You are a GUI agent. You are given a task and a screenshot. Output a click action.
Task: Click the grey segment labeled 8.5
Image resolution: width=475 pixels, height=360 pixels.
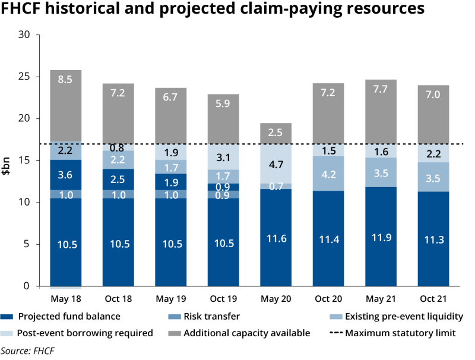click(65, 105)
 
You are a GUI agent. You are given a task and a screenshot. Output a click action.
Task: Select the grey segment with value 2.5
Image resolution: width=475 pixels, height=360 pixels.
click(275, 133)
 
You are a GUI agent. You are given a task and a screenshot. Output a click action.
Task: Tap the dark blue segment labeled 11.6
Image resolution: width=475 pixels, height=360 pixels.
click(275, 238)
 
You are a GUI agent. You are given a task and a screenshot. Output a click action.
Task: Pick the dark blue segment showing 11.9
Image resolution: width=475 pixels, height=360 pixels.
click(380, 236)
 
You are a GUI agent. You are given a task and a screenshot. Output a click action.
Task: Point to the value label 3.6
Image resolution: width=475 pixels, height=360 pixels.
click(65, 175)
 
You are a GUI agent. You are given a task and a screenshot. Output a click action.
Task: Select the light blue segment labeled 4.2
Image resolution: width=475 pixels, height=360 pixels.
click(328, 174)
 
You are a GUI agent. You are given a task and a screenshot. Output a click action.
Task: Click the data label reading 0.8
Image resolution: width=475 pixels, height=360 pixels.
click(118, 148)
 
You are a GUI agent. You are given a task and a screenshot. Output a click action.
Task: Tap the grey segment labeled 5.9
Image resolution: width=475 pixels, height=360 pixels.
click(222, 119)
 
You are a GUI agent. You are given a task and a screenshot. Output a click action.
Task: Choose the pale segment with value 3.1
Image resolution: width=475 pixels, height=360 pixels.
click(222, 157)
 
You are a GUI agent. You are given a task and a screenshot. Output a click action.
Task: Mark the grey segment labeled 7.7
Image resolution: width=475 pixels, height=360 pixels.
click(380, 111)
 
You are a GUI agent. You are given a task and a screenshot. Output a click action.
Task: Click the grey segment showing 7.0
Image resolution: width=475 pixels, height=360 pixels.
click(433, 114)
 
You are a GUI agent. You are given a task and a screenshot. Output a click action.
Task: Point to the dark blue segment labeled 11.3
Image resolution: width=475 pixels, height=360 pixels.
click(433, 239)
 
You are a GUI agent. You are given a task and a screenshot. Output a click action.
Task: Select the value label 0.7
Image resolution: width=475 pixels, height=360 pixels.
click(275, 187)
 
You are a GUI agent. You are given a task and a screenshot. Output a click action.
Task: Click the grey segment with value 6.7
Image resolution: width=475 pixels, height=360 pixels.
click(170, 115)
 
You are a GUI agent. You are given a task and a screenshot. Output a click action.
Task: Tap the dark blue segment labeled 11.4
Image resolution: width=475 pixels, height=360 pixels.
click(328, 238)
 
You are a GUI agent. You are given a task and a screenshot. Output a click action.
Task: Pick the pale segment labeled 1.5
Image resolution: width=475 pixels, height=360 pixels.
click(328, 150)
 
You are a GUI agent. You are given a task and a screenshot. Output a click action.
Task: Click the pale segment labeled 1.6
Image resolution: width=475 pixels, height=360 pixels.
click(380, 151)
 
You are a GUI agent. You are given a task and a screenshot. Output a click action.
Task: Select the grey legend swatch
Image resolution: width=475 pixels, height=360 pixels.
click(175, 333)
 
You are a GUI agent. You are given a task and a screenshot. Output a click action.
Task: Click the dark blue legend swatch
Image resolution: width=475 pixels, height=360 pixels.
click(7, 317)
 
